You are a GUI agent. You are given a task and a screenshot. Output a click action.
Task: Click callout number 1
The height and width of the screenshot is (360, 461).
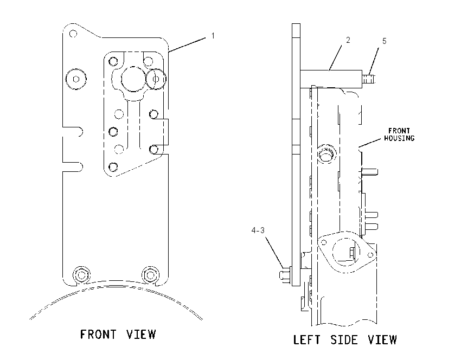[x=213, y=36]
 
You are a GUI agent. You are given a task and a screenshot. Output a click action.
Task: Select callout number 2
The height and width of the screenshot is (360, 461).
[x=348, y=40]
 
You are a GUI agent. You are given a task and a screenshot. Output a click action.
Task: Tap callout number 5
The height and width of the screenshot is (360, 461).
[x=385, y=41]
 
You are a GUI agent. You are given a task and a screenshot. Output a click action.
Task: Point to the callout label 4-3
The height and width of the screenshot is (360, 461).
[x=258, y=230]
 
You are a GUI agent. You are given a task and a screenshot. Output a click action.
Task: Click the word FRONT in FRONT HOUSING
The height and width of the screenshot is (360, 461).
[x=399, y=131]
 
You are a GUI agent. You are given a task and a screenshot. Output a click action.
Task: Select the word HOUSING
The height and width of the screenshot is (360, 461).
[x=399, y=138]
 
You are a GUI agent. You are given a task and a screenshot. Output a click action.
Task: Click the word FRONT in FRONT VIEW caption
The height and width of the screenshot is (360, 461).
[x=98, y=335]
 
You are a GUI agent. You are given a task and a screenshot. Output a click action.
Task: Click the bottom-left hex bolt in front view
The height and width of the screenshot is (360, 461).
[x=81, y=275]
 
